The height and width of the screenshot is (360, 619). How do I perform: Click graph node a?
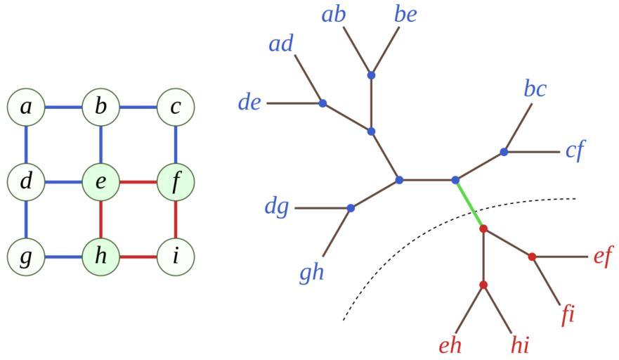coord(26,108)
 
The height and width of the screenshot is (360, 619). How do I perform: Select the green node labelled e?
coord(101,182)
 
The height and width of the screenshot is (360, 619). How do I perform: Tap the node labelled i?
coord(176,257)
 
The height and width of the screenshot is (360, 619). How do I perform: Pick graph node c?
coord(176,108)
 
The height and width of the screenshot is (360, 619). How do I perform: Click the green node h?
coord(101,257)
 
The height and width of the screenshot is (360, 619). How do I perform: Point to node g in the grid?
coord(26,257)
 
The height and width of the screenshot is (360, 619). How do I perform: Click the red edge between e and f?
coord(138,182)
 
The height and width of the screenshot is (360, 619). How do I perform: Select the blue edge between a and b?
coord(63,108)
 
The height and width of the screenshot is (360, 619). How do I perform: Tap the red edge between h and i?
coord(138,257)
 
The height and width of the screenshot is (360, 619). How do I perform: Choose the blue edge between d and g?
coord(26,219)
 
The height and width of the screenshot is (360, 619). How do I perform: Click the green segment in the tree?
coord(469,204)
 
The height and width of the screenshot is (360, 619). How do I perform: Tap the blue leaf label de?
coord(249,103)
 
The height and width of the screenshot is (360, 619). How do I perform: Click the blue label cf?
coord(575,151)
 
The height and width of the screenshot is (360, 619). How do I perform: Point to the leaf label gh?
coord(311,272)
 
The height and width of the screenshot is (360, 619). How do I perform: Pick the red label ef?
coord(603,257)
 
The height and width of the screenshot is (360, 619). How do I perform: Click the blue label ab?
coord(334,14)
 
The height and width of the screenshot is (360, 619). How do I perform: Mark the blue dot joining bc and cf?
coord(504,152)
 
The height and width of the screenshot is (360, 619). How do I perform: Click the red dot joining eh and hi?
coord(483,285)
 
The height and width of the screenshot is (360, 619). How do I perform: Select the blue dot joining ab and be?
coord(371,75)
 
